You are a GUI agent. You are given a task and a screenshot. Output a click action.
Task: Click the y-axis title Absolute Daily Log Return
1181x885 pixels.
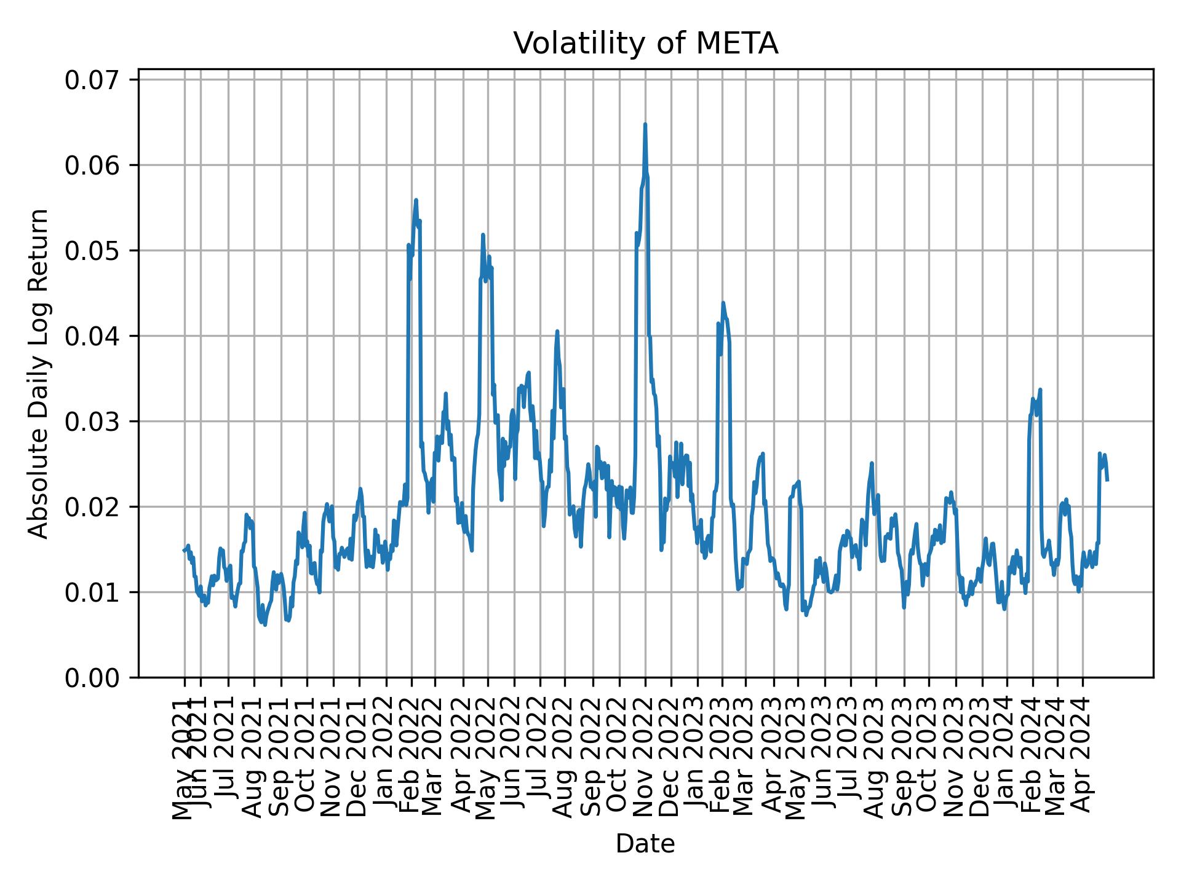[x=39, y=373]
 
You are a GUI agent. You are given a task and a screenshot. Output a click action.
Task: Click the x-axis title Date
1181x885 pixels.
[x=645, y=844]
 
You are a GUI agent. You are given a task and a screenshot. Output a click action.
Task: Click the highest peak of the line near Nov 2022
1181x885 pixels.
[x=645, y=125]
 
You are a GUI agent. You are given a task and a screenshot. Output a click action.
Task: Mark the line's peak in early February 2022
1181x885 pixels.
[x=416, y=200]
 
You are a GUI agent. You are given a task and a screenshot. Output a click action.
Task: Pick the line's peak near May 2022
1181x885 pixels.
[x=483, y=235]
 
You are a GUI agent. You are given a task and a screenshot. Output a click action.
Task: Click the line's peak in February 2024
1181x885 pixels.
[x=1040, y=390]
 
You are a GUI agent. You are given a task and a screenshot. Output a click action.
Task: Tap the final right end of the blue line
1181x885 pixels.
[x=1107, y=480]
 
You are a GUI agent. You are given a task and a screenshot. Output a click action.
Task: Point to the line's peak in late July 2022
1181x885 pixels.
[x=557, y=331]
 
